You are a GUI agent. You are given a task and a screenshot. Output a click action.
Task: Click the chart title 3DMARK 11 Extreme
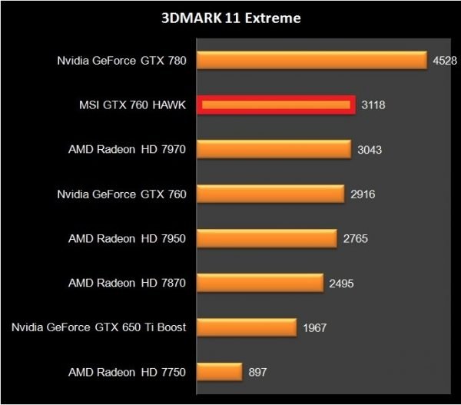(x=230, y=16)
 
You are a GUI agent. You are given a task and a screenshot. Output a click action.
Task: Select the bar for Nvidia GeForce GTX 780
(x=312, y=61)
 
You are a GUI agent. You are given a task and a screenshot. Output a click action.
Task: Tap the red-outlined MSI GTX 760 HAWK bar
(x=276, y=105)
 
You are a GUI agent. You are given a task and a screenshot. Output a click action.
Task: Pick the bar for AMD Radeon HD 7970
(x=274, y=149)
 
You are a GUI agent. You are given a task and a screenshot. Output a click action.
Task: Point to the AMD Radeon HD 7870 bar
(x=260, y=283)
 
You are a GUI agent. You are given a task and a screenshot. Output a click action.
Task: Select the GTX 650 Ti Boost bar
(x=247, y=327)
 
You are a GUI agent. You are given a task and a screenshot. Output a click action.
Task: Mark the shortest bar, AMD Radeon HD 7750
(x=220, y=372)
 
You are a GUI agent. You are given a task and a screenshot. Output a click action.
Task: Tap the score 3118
(x=373, y=105)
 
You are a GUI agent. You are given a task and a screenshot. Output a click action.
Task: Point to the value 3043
(x=369, y=150)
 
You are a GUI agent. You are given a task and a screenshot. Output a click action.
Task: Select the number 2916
(x=362, y=194)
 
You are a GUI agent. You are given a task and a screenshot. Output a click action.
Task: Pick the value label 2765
(x=355, y=239)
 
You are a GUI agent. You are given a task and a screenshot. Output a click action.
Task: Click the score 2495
(x=341, y=284)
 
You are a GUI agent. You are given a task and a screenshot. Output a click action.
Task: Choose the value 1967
(x=314, y=328)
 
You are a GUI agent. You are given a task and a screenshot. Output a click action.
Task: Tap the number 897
(x=257, y=373)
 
